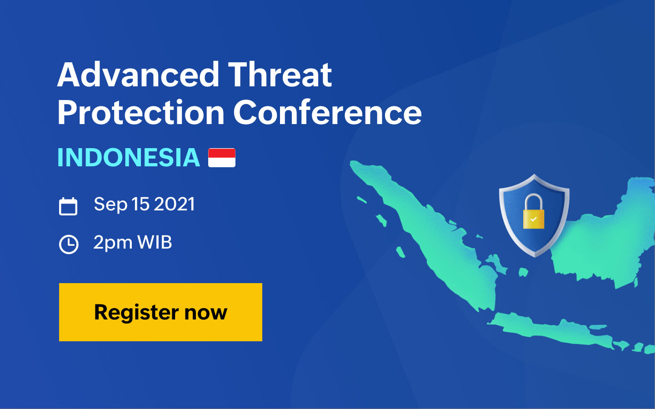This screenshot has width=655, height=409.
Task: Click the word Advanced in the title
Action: click(x=138, y=75)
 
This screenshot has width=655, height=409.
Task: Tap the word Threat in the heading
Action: click(x=280, y=75)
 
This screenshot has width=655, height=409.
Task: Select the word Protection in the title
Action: click(x=141, y=113)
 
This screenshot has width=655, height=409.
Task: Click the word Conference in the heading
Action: click(x=327, y=113)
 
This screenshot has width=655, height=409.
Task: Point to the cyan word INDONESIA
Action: click(x=129, y=158)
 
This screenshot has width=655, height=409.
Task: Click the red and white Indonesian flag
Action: click(x=222, y=158)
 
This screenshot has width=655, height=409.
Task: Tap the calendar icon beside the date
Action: click(x=68, y=206)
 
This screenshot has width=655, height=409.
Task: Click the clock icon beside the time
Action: click(x=69, y=244)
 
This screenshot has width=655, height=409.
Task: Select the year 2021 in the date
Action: click(x=174, y=204)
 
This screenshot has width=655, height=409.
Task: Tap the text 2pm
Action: click(x=113, y=243)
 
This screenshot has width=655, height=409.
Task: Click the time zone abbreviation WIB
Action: click(x=155, y=242)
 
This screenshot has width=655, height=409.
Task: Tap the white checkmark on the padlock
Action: click(x=533, y=219)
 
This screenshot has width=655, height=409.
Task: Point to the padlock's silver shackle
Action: click(x=534, y=202)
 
